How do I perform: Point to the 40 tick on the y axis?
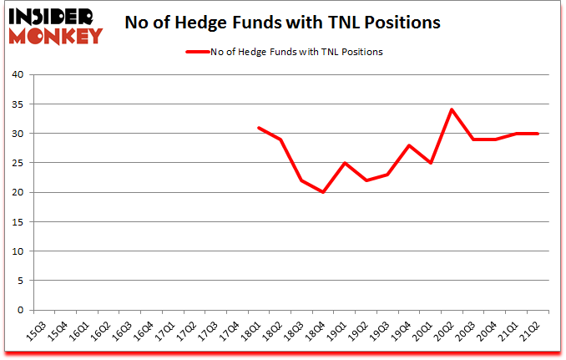(18, 75)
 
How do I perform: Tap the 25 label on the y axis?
(18, 163)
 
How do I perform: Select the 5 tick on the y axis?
(20, 281)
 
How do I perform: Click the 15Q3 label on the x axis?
(35, 332)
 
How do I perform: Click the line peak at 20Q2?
(452, 109)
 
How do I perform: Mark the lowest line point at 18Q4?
(322, 192)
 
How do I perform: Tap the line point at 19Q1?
(344, 163)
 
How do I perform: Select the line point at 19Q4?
(409, 145)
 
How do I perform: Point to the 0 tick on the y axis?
(20, 310)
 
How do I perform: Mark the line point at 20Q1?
(430, 163)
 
